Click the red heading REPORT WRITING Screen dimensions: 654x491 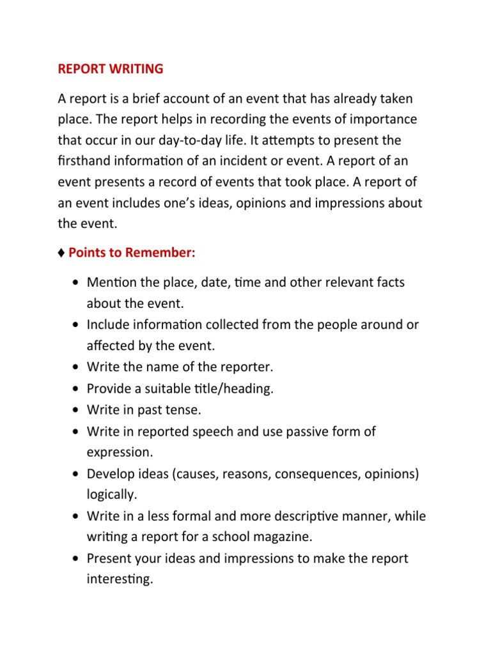point(111,68)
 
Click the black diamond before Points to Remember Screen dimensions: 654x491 point(61,253)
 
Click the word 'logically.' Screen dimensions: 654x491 point(113,494)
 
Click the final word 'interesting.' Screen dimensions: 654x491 point(120,579)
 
